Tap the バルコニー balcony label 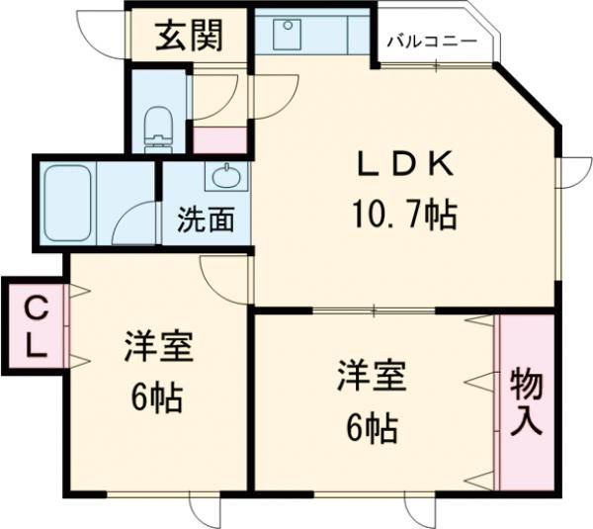[x=431, y=42]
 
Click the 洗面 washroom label [x=206, y=220]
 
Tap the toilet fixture [x=157, y=127]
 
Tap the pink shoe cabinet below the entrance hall [x=213, y=139]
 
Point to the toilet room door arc [x=215, y=97]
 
